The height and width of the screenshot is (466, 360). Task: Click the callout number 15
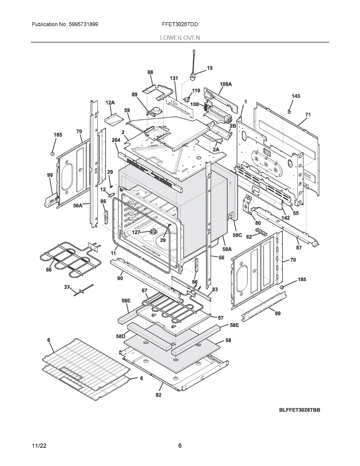point(209,68)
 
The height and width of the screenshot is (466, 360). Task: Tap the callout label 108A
point(226,84)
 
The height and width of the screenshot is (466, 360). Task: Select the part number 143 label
point(296,96)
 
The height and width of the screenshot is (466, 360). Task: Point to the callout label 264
point(116,140)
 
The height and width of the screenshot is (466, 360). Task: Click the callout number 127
point(136,232)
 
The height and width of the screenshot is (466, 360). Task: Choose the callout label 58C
point(237,235)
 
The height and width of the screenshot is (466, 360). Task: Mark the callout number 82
point(158,395)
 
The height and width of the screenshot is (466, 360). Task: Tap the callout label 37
point(67,287)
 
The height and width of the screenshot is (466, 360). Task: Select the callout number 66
point(49,270)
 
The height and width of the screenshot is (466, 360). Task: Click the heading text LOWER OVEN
point(180,38)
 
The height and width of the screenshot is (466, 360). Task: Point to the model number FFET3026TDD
point(180,24)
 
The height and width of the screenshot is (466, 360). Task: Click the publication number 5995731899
point(83,24)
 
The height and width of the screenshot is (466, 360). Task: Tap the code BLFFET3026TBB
point(299,410)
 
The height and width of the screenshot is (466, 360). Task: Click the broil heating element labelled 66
point(71,259)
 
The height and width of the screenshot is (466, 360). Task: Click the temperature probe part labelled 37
point(83,290)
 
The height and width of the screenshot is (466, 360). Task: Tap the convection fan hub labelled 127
point(153,231)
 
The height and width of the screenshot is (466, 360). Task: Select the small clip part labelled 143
point(289,111)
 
